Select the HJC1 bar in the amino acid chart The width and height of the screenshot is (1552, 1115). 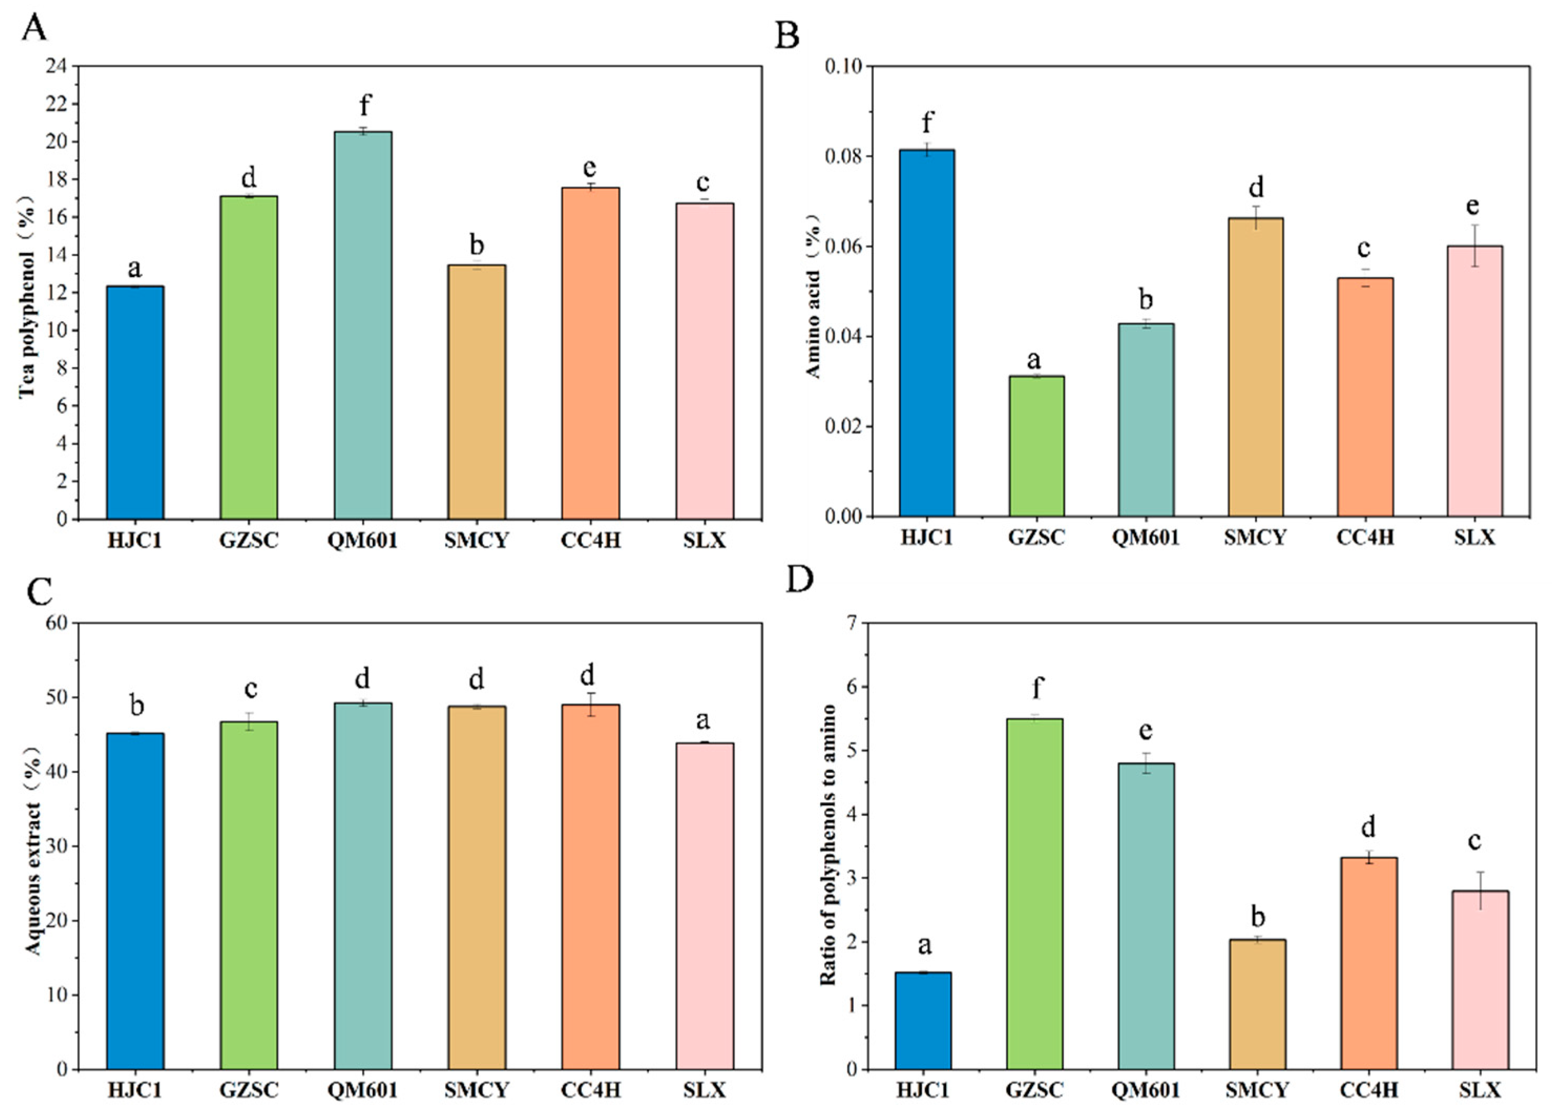(927, 333)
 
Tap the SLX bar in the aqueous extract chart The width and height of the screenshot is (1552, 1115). (705, 906)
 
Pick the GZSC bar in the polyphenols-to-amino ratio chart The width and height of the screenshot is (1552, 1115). (1035, 894)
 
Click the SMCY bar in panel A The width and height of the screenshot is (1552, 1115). (477, 392)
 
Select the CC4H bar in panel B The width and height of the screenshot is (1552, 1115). (1365, 397)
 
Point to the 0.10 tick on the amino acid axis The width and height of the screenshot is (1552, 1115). (843, 66)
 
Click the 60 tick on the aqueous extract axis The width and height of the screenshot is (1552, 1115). (58, 623)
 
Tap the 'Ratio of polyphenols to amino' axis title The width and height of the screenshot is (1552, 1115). (828, 845)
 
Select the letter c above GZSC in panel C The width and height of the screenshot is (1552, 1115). (250, 689)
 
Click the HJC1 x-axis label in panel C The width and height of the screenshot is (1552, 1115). (135, 1090)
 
